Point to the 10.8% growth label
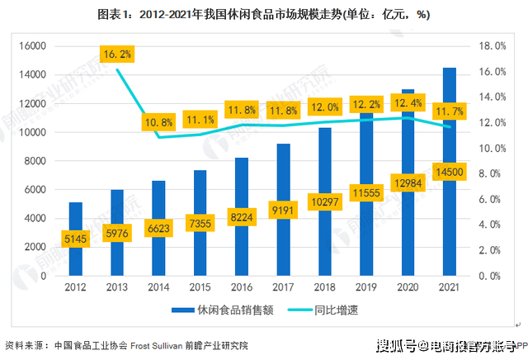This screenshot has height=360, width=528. (158, 122)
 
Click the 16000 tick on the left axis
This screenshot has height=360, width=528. (33, 46)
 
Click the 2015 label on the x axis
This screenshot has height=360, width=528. (200, 288)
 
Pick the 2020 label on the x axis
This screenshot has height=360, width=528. (408, 288)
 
